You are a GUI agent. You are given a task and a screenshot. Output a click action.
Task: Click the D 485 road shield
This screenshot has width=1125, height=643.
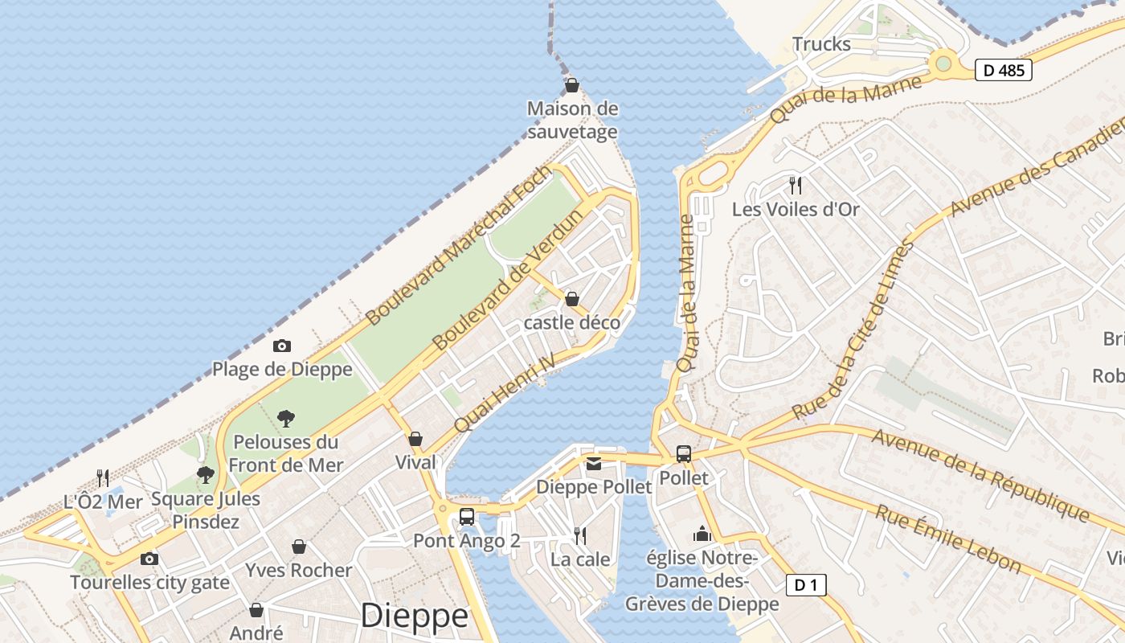(x=1004, y=70)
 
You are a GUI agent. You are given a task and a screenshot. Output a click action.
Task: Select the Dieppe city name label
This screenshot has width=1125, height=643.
(x=414, y=616)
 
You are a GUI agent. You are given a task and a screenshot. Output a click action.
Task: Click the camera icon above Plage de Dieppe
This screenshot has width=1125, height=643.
(x=281, y=346)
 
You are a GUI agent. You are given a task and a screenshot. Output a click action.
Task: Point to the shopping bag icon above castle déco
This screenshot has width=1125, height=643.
(x=572, y=299)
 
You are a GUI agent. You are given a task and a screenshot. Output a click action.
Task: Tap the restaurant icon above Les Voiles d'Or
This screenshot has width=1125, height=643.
(x=796, y=186)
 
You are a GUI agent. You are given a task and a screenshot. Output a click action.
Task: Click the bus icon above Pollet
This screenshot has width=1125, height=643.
(x=683, y=454)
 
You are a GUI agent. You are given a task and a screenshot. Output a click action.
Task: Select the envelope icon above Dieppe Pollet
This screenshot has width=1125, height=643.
(x=594, y=463)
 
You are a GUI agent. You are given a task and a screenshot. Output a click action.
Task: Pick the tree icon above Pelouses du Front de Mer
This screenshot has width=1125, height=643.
(x=285, y=418)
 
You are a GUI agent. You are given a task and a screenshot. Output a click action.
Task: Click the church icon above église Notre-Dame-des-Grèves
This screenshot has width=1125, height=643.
(x=702, y=534)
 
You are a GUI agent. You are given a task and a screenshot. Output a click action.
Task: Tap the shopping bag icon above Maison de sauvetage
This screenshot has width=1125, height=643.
(x=572, y=84)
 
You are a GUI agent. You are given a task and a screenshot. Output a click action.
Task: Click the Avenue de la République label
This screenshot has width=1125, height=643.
(x=980, y=475)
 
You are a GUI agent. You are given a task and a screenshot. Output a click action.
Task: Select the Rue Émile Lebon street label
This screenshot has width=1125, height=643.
(x=948, y=539)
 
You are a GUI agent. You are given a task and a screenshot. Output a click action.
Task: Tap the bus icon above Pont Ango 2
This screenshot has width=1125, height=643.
(x=467, y=517)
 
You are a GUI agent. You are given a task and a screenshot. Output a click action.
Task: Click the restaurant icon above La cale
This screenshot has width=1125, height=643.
(x=579, y=535)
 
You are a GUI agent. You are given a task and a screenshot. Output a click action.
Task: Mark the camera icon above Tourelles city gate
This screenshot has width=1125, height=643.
(x=149, y=559)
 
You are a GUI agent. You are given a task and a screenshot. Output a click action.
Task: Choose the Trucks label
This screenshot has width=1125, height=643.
(x=821, y=44)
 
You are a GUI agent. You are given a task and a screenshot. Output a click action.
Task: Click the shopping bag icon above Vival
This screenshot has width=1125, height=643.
(x=415, y=439)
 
